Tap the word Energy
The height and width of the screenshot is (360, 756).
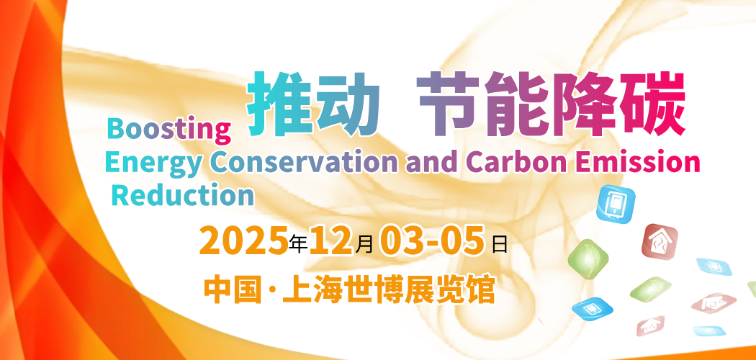pyautogui.click(x=153, y=163)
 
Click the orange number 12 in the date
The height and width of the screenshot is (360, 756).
pyautogui.click(x=330, y=240)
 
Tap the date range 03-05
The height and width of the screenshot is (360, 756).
pyautogui.click(x=431, y=240)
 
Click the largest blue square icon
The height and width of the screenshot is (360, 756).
pyautogui.click(x=616, y=203)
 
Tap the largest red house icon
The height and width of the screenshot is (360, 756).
pyautogui.click(x=660, y=241)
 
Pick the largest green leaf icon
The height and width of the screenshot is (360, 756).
pyautogui.click(x=588, y=258)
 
